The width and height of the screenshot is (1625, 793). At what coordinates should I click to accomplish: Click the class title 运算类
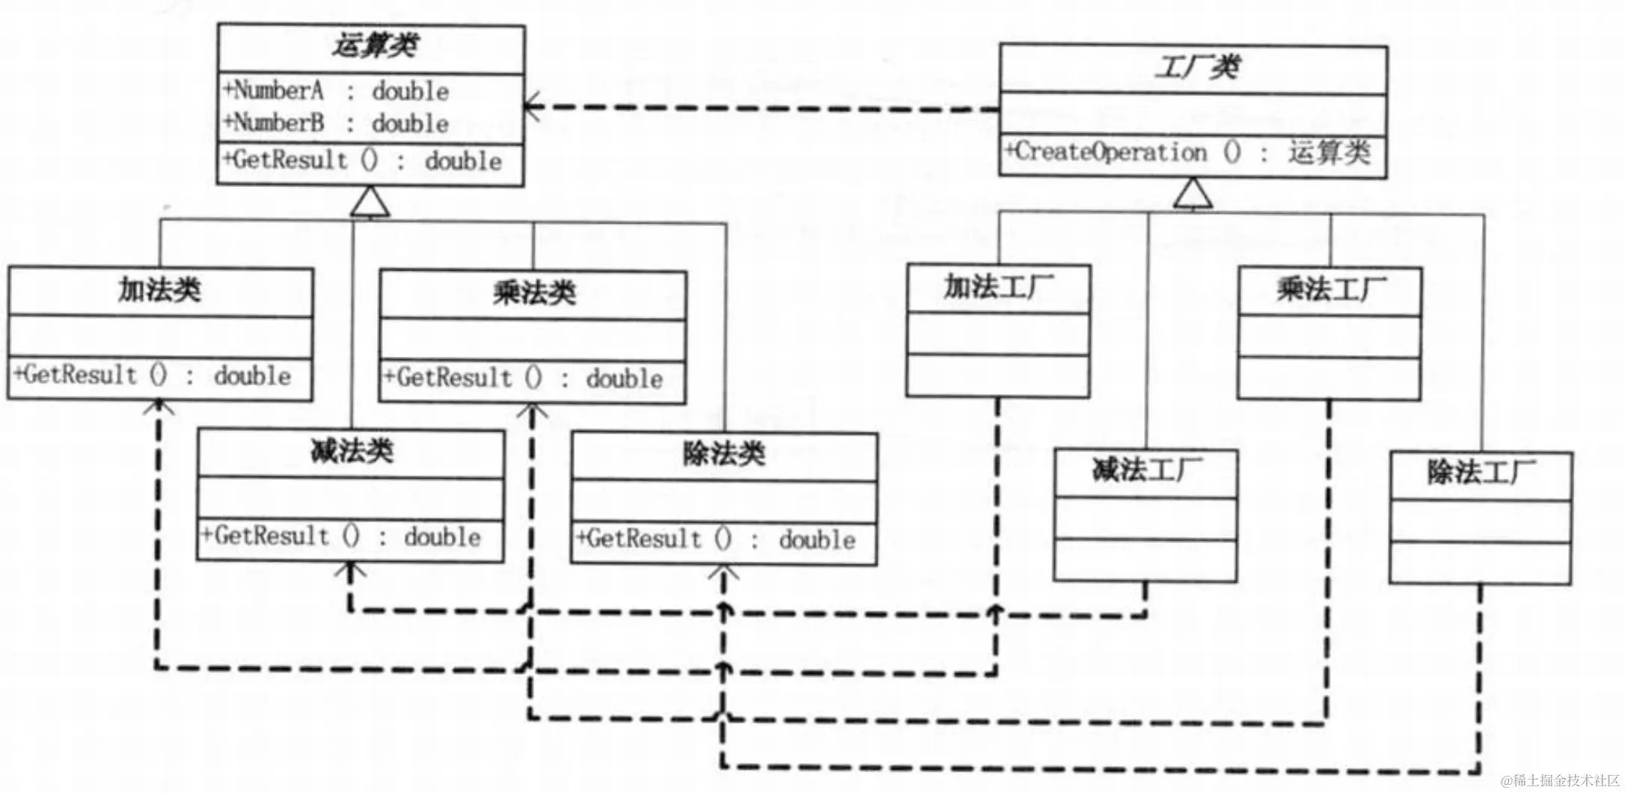pos(373,46)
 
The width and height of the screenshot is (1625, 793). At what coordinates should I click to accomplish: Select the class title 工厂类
pos(1195,67)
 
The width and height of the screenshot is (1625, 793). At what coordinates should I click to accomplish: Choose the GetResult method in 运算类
pos(363,161)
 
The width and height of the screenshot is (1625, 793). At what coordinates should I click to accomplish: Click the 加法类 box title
pos(159,290)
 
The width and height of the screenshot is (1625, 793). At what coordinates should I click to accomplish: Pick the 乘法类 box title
pos(533,293)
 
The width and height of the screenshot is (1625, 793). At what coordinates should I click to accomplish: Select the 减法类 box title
pos(351,452)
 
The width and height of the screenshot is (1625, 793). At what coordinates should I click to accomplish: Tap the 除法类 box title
pos(723,454)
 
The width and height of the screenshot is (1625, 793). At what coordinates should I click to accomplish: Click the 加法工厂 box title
pos(998,287)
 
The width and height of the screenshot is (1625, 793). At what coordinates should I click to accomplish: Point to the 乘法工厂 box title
pos(1330,290)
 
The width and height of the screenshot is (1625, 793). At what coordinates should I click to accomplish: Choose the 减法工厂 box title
pos(1146,471)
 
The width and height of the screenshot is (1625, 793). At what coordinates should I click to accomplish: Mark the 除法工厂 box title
pos(1481,474)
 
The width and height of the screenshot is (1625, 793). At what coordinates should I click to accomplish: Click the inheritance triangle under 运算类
pos(371,203)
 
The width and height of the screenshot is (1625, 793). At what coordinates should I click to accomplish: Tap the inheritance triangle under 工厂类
pos(1193,194)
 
